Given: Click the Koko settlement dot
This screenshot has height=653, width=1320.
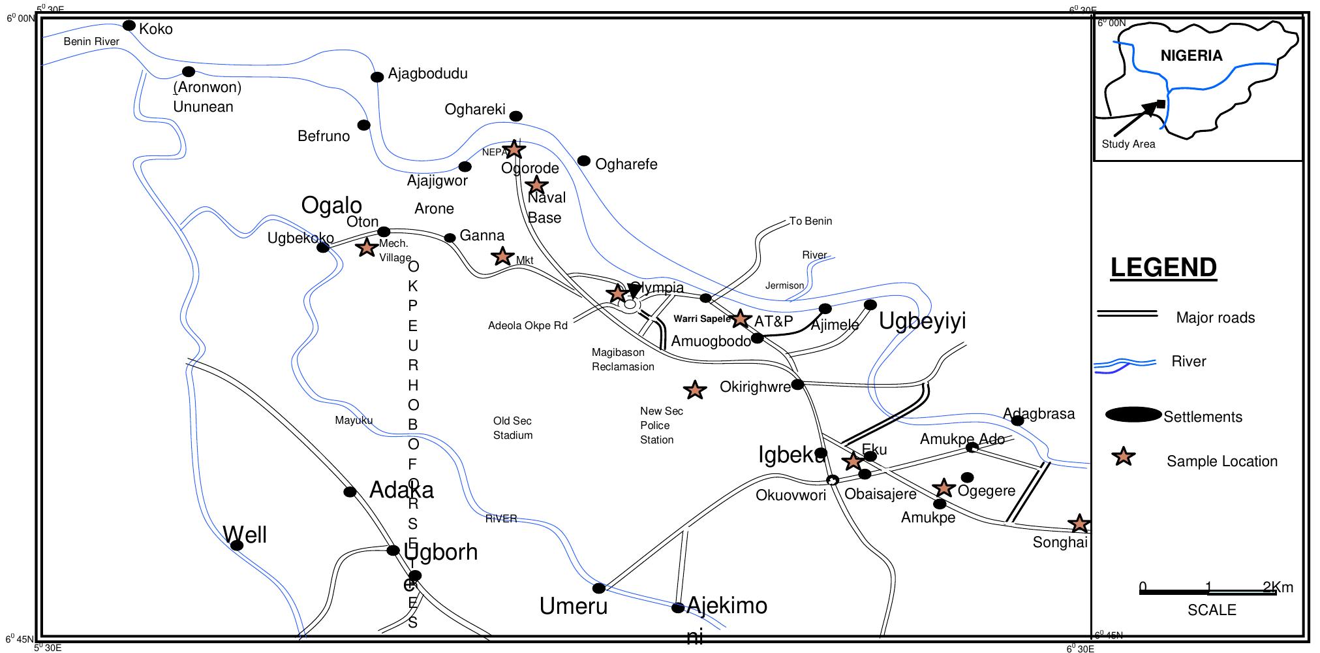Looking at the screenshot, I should [x=129, y=25].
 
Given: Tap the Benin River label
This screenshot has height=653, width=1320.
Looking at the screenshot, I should [x=91, y=42].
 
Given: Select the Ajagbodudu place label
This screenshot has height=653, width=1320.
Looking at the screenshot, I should [x=427, y=74].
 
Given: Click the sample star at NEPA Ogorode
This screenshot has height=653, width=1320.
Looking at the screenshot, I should [x=514, y=150].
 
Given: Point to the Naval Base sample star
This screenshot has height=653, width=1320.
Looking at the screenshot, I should [x=536, y=185].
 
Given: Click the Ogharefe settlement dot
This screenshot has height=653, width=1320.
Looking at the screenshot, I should [x=584, y=161].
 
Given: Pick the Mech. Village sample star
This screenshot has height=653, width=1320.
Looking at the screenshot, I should [x=367, y=247].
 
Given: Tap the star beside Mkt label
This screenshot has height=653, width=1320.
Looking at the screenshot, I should [x=502, y=256].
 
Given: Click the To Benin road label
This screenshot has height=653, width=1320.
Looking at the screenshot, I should [x=810, y=221].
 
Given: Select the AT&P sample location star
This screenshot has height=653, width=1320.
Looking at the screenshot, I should [x=739, y=319].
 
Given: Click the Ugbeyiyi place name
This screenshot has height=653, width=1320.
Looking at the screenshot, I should [x=922, y=321].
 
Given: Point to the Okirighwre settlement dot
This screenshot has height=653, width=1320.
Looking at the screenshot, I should [x=797, y=384].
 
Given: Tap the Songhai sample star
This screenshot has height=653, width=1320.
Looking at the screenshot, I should [x=1079, y=523].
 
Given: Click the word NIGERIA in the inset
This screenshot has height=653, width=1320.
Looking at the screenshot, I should [x=1191, y=56].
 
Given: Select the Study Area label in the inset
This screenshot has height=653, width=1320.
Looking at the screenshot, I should [x=1128, y=144].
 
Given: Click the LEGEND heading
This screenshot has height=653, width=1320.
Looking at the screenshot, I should [x=1163, y=268].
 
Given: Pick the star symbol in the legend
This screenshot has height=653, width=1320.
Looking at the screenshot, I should [x=1124, y=456].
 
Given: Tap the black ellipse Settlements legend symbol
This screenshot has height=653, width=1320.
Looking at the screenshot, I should [x=1133, y=415].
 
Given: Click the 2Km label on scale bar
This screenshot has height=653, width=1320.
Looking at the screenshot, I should [x=1278, y=587].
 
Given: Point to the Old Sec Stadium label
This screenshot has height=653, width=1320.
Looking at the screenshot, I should [x=513, y=428].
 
